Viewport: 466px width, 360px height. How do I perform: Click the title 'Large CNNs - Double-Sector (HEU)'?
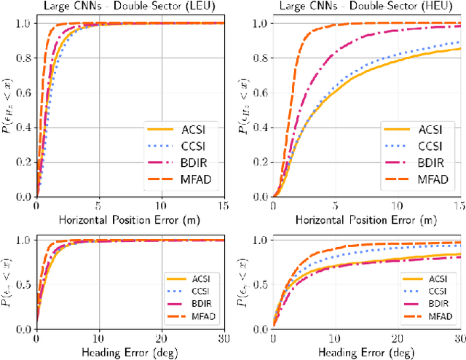point(368,7)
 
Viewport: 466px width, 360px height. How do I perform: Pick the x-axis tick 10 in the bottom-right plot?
point(336,339)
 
